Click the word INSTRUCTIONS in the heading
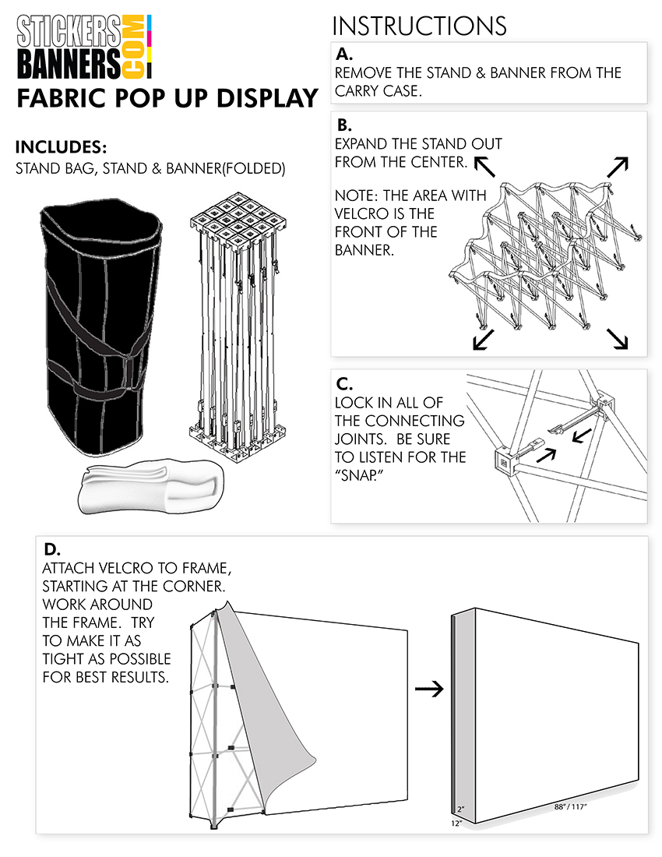pyautogui.click(x=419, y=25)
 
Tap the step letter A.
pyautogui.click(x=343, y=55)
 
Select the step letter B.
pyautogui.click(x=343, y=125)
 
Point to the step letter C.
pyautogui.click(x=343, y=383)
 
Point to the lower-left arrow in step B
pyautogui.click(x=482, y=340)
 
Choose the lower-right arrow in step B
pyautogui.click(x=617, y=337)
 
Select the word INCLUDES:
pyautogui.click(x=61, y=147)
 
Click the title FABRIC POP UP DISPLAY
pyautogui.click(x=167, y=99)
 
